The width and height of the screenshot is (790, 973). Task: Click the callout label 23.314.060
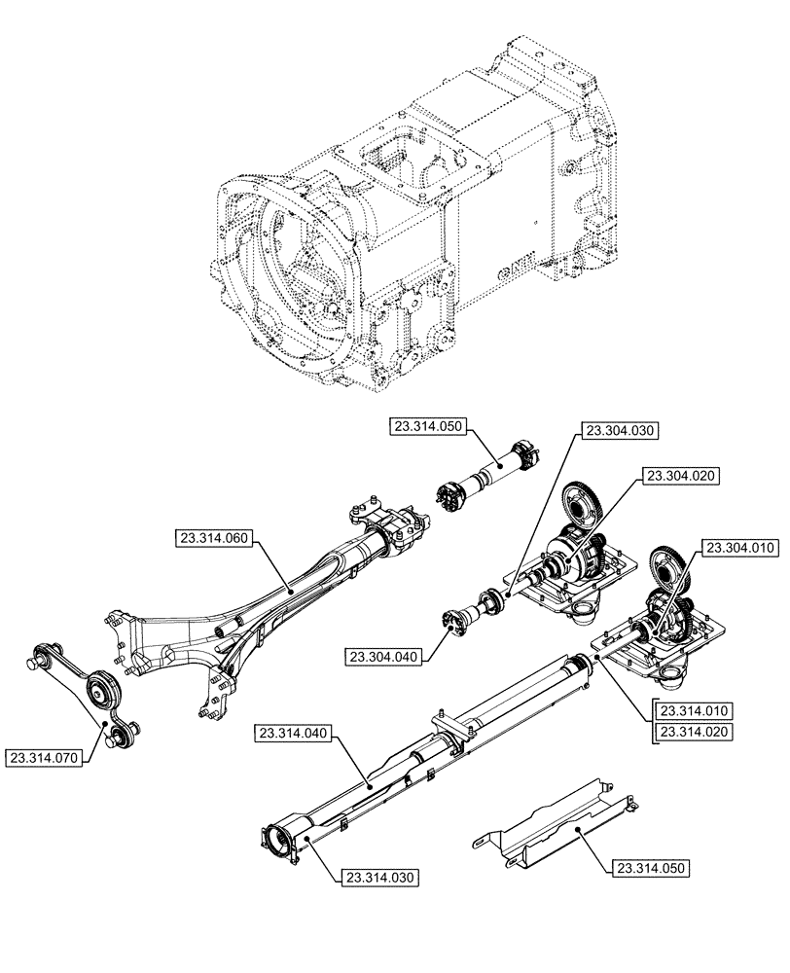(215, 537)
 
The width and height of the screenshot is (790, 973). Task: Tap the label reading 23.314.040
(295, 732)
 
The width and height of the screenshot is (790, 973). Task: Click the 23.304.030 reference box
(620, 430)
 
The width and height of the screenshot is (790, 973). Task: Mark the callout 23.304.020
(679, 476)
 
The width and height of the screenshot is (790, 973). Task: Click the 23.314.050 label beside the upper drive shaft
(430, 426)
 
